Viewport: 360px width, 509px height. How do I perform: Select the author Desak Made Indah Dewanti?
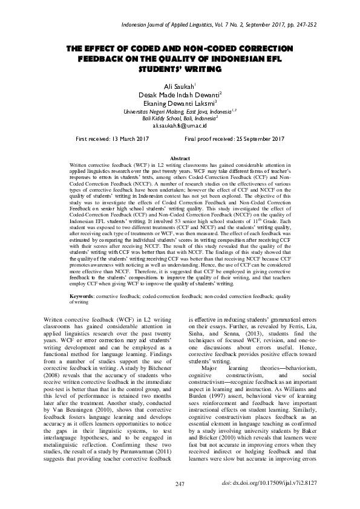179,95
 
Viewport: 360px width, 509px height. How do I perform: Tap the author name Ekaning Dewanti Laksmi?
180,103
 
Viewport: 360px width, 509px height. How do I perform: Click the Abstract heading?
180,157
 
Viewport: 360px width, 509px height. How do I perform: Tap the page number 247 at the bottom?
179,484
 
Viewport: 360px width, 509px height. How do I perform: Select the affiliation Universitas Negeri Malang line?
180,111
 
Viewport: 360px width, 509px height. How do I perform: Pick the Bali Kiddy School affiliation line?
180,118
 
